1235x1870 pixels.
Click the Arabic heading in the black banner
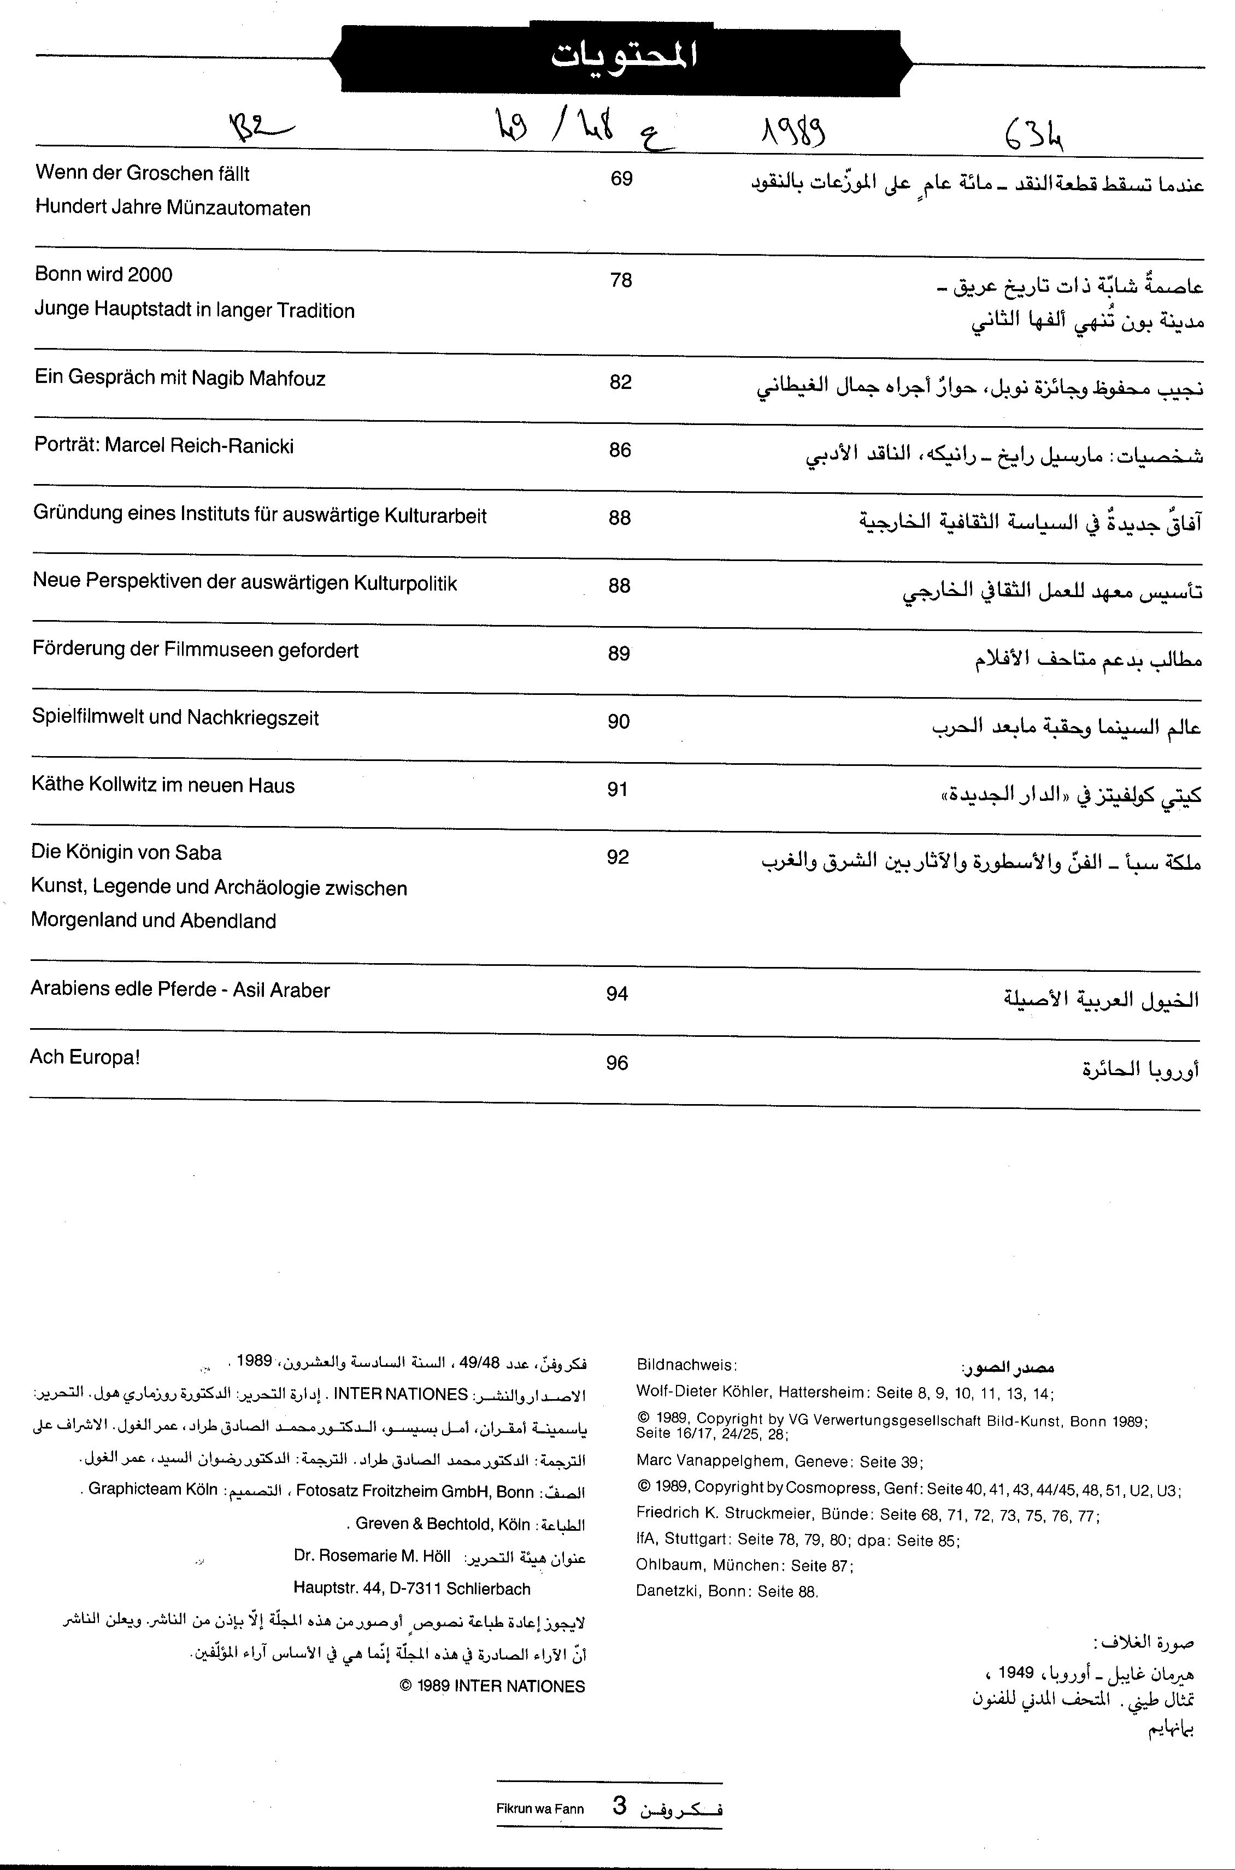pyautogui.click(x=623, y=57)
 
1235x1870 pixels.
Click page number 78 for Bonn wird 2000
pyautogui.click(x=621, y=280)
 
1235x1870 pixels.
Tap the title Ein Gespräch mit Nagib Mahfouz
pyautogui.click(x=180, y=378)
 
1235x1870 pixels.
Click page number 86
pyautogui.click(x=620, y=450)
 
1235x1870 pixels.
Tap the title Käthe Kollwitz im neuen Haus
pyautogui.click(x=163, y=785)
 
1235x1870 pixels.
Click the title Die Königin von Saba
pyautogui.click(x=126, y=853)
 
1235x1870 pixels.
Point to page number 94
pyautogui.click(x=617, y=994)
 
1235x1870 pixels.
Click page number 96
pyautogui.click(x=617, y=1063)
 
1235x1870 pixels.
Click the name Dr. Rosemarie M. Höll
pyautogui.click(x=372, y=1556)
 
